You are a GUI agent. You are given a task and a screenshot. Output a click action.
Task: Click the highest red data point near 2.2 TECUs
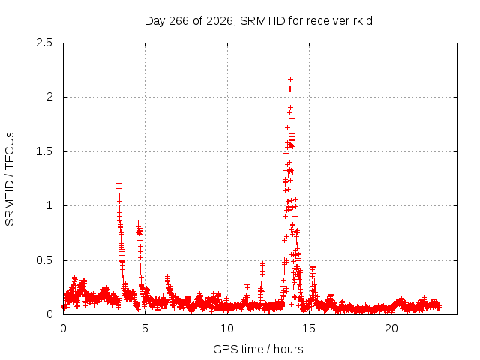290,79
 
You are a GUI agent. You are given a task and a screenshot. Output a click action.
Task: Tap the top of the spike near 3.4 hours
118,183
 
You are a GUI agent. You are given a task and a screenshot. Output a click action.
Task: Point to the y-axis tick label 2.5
44,43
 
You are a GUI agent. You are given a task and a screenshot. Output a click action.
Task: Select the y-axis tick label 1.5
44,151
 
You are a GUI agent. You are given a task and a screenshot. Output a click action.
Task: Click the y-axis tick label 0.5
44,260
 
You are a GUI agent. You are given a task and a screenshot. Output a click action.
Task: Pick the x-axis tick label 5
145,328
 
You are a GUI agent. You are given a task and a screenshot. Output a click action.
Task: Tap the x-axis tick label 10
227,328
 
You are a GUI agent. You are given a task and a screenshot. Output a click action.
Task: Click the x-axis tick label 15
309,328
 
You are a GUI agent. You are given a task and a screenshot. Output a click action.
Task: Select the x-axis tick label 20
391,328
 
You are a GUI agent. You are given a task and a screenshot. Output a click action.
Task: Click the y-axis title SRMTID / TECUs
10,179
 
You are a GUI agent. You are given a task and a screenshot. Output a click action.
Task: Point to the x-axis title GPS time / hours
258,349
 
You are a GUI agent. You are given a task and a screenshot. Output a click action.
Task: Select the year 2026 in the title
220,21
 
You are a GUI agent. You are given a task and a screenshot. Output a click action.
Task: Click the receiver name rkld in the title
362,21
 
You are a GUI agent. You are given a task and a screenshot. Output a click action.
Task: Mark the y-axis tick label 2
49,97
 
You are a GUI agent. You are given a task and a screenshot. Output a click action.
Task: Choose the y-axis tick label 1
49,205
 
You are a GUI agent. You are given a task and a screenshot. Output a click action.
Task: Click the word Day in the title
155,21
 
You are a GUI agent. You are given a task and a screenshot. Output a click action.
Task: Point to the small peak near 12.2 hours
262,263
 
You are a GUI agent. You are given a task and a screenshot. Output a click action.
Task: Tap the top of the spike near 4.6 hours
138,223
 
